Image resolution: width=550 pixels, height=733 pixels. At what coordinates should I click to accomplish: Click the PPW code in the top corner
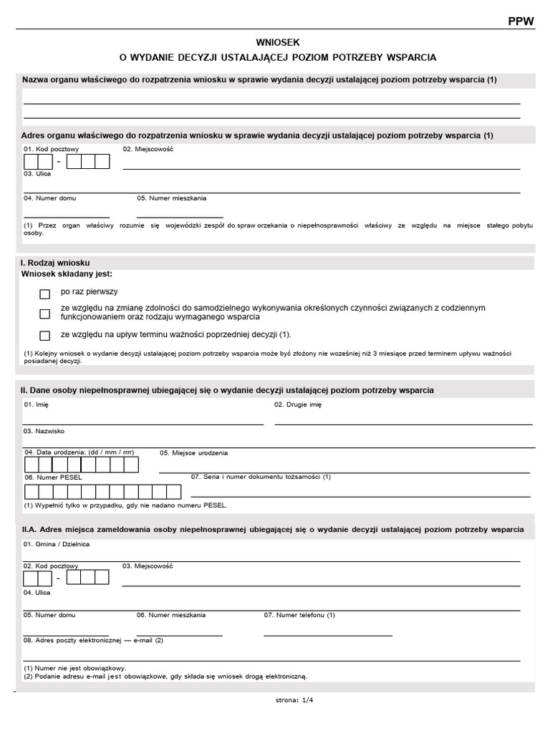(521, 21)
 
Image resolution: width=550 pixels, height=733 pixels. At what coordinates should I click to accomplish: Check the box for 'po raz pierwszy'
(45, 293)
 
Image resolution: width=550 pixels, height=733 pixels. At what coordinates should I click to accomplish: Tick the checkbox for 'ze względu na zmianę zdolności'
(45, 314)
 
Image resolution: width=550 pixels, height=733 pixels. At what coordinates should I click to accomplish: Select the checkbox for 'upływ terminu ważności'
(45, 335)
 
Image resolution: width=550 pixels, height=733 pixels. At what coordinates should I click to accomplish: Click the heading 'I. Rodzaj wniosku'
(55, 263)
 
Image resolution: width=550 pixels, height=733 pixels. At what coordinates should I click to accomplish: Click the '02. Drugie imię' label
(298, 404)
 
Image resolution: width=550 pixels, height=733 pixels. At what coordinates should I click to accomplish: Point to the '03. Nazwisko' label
(44, 431)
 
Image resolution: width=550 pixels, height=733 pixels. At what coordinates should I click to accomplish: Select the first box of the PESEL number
(31, 492)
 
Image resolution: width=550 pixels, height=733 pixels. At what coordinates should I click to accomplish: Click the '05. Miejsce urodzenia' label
(193, 452)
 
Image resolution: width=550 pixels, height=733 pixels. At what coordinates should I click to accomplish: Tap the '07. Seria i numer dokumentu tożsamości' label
(261, 477)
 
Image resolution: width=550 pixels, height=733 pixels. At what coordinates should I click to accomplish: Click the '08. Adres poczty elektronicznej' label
(93, 640)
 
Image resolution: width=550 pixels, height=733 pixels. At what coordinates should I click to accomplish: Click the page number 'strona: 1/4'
(294, 701)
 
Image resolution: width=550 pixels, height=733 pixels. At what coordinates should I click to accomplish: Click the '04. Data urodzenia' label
(79, 452)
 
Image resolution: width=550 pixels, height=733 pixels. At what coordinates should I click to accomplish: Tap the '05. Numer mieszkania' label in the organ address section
(171, 198)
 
